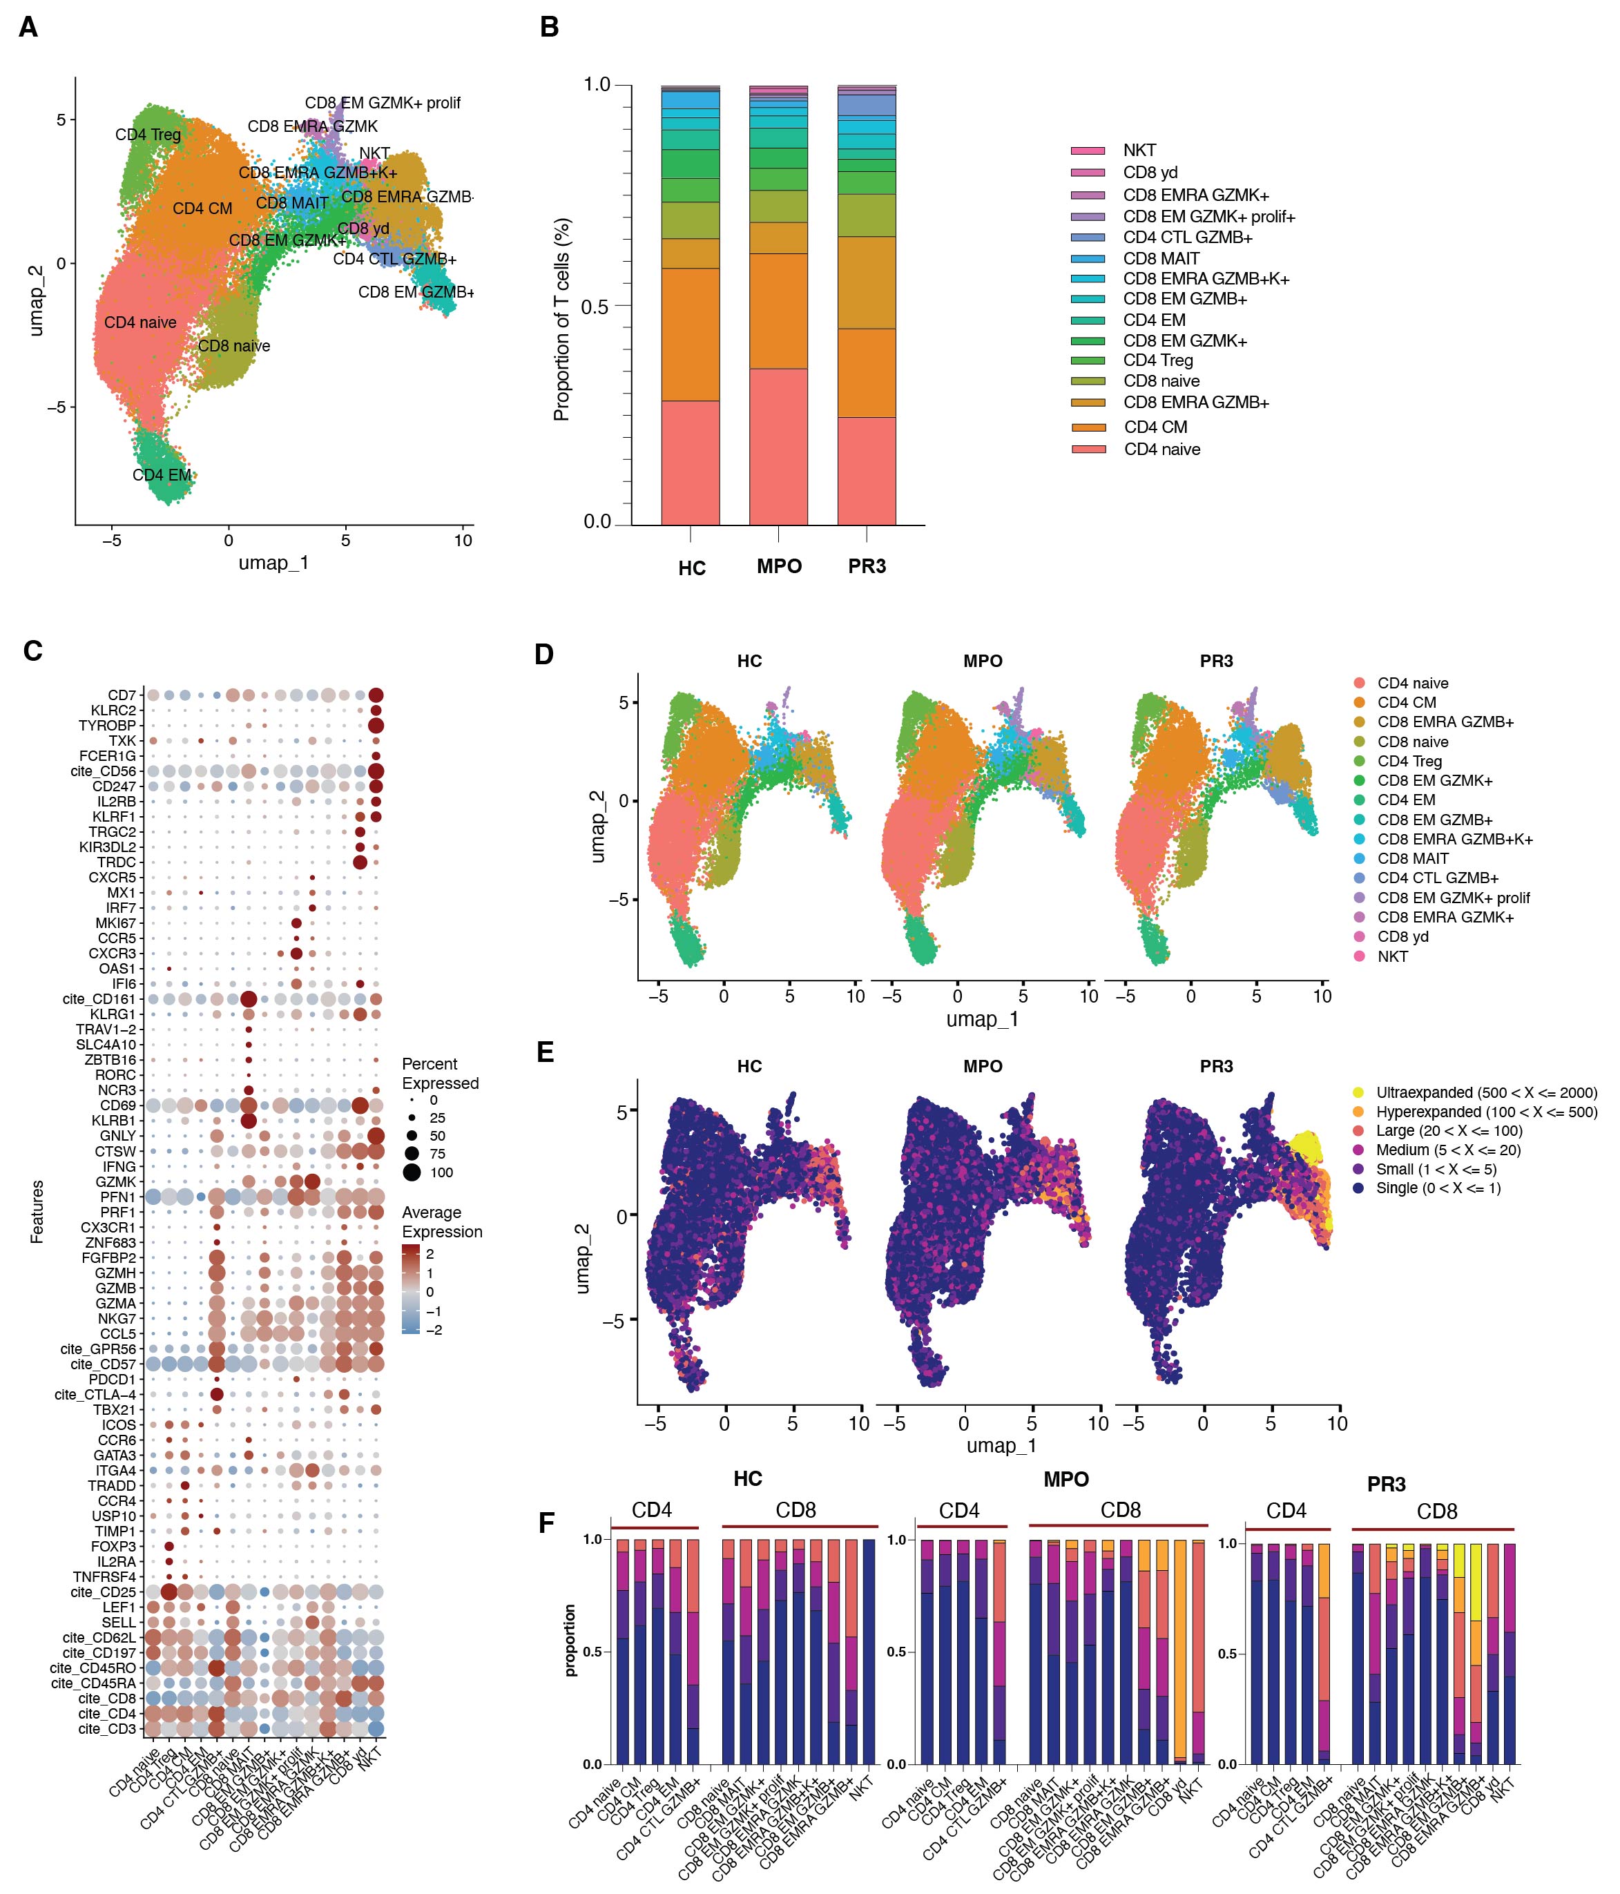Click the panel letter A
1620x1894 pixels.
coord(28,28)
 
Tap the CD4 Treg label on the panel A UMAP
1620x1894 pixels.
coord(147,135)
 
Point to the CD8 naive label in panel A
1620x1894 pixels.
coord(234,345)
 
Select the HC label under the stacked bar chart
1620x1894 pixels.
coord(691,568)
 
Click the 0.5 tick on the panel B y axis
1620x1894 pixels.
coord(595,306)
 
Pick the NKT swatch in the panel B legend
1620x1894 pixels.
coord(1088,150)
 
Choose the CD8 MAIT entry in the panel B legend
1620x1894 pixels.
coord(1161,259)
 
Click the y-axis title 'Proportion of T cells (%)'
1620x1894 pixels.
coord(561,319)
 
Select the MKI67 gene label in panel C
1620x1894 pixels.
coord(115,923)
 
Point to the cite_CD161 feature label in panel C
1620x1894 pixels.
coord(99,999)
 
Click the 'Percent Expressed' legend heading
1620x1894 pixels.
coord(440,1073)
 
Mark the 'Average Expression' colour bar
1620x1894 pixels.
coord(410,1290)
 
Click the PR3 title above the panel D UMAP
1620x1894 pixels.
coord(1216,661)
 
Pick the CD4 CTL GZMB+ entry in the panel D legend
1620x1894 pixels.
coord(1437,878)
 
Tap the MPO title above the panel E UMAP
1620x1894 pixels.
coord(983,1066)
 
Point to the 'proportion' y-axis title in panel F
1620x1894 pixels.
coord(570,1640)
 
